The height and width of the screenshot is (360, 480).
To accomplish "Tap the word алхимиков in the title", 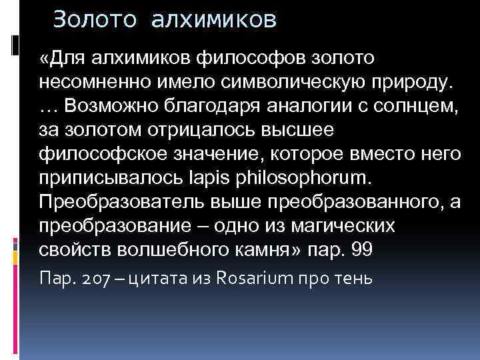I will click(213, 20).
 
